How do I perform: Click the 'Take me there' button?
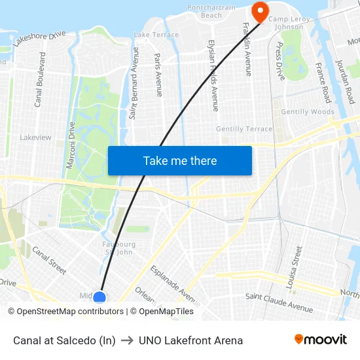tap(179, 160)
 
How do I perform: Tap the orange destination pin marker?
tap(259, 11)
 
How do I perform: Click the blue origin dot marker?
tap(99, 298)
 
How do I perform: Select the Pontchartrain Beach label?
tap(211, 11)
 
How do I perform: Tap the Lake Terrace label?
tap(156, 35)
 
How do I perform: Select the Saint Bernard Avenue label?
tap(134, 82)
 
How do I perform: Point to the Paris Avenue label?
tap(158, 75)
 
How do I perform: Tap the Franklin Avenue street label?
tap(247, 49)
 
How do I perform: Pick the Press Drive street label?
tap(280, 62)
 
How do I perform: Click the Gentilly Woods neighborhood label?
tap(308, 112)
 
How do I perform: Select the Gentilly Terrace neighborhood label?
tap(244, 129)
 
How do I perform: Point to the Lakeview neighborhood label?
tap(35, 137)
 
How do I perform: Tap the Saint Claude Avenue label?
tap(279, 302)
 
